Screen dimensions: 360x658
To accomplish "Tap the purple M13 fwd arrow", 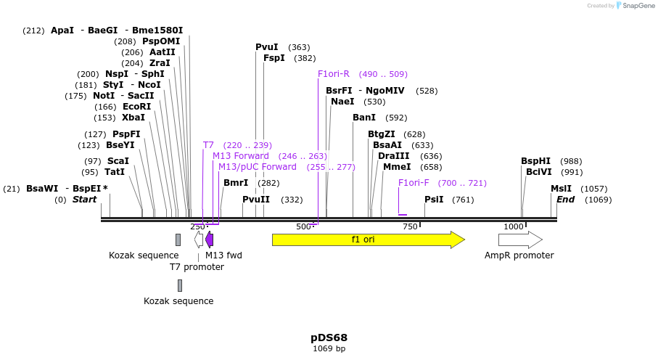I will pyautogui.click(x=210, y=240).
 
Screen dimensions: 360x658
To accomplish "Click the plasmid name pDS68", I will pyautogui.click(x=329, y=337).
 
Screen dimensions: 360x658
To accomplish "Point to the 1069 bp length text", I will pyautogui.click(x=329, y=349).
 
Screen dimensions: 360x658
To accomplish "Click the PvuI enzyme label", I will pyautogui.click(x=266, y=47).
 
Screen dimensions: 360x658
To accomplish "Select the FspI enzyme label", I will pyautogui.click(x=274, y=58).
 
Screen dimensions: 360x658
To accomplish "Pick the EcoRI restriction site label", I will pyautogui.click(x=136, y=107).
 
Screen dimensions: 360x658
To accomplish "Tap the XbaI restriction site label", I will pyautogui.click(x=133, y=118).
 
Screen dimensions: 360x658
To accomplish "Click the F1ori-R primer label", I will pyautogui.click(x=334, y=74).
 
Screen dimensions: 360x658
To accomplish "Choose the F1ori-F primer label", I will pyautogui.click(x=414, y=183).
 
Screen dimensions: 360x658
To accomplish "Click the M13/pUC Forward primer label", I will pyautogui.click(x=258, y=167).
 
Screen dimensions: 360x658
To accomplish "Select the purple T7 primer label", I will pyautogui.click(x=208, y=145).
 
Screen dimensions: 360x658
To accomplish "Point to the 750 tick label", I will pyautogui.click(x=411, y=226).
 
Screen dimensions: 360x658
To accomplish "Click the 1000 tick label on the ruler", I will pyautogui.click(x=514, y=226).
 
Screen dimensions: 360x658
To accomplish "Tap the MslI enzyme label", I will pyautogui.click(x=561, y=189).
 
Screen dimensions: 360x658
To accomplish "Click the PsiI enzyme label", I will pyautogui.click(x=434, y=200).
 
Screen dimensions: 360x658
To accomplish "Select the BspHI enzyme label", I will pyautogui.click(x=535, y=161).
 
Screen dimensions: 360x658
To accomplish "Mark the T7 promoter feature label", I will pyautogui.click(x=197, y=267).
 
